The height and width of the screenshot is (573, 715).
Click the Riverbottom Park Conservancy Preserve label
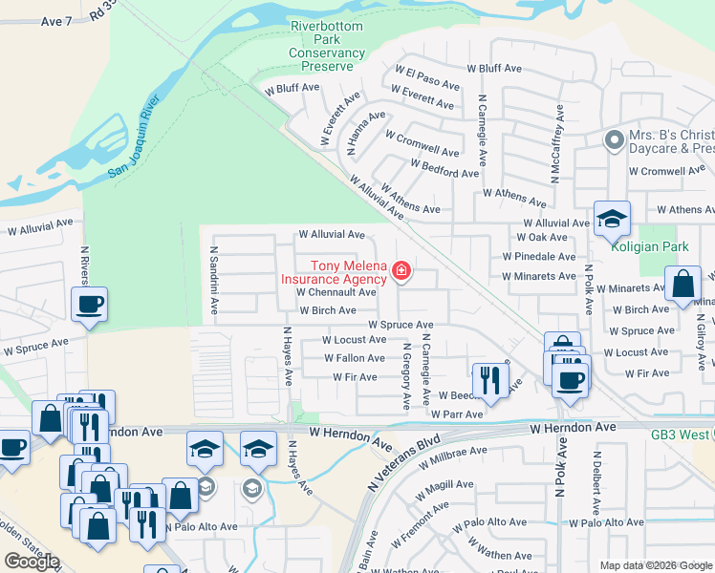[328, 47]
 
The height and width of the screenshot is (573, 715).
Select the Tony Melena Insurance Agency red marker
[401, 273]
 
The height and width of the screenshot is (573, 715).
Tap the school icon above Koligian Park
[611, 219]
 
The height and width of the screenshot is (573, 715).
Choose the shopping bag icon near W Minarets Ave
[682, 285]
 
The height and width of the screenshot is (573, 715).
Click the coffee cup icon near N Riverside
[90, 305]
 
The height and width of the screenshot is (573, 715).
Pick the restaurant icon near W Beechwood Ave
[489, 379]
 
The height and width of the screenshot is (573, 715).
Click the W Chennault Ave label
[336, 292]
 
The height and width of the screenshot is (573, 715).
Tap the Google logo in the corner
[32, 561]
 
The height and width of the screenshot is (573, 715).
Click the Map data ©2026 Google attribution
[655, 565]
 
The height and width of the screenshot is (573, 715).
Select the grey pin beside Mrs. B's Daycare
[614, 140]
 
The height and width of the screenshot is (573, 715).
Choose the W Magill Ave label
[445, 491]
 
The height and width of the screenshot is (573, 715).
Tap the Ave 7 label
[58, 20]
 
